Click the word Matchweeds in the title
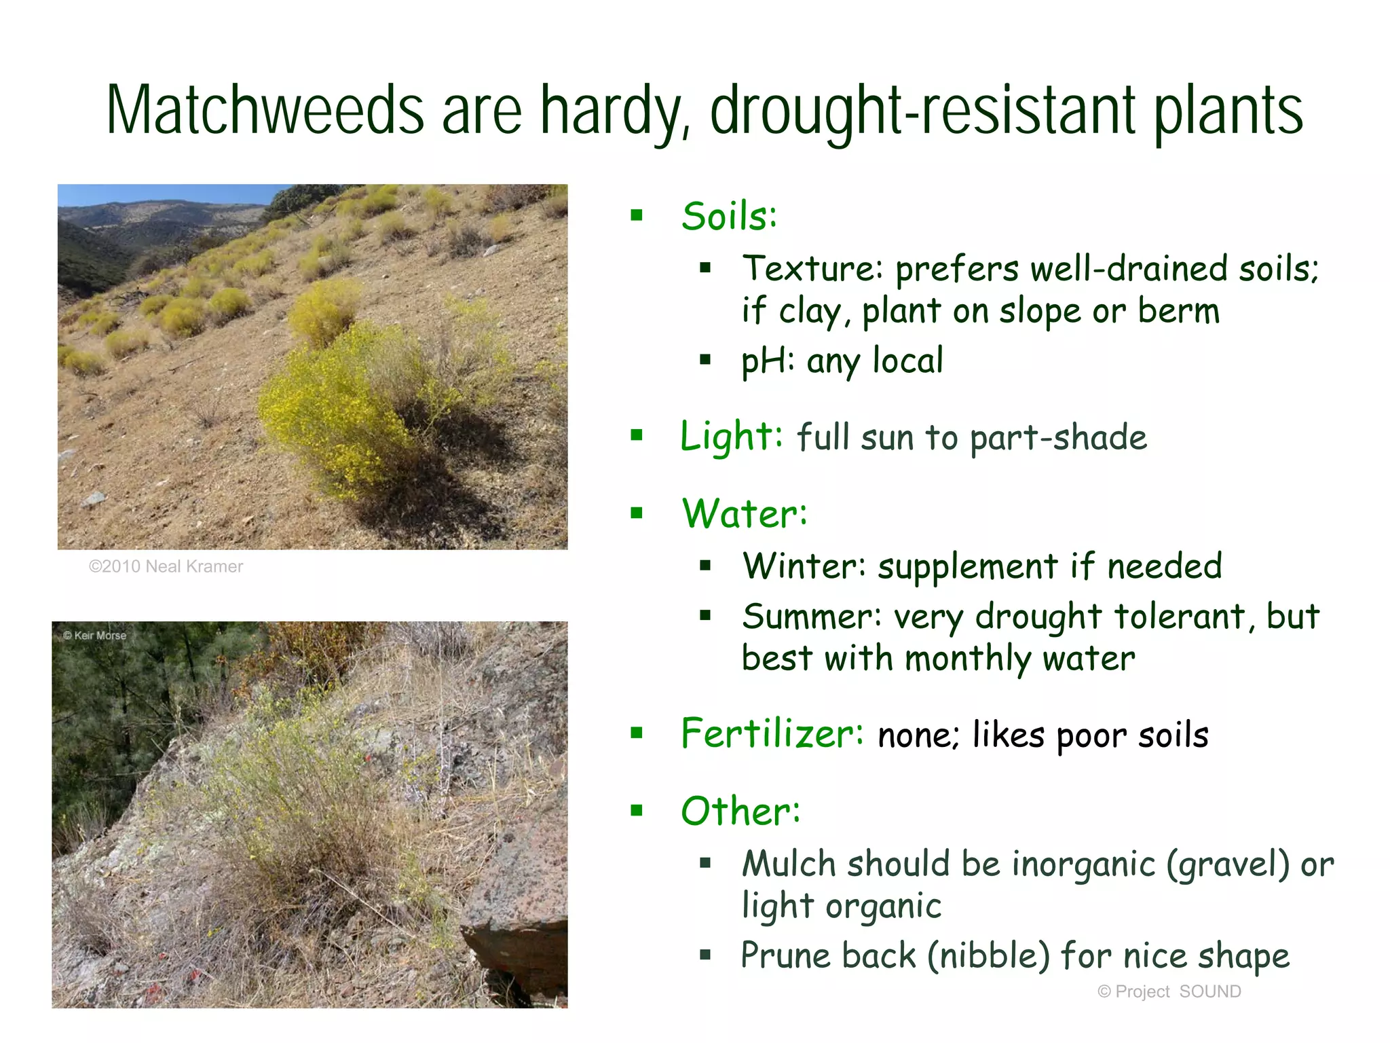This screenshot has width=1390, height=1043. (x=265, y=110)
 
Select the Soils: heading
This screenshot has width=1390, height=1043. (x=729, y=217)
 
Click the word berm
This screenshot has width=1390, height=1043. (x=1179, y=311)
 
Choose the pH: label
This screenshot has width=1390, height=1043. (x=768, y=361)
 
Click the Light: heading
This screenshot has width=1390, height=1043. (x=732, y=436)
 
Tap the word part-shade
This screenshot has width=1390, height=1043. (x=1058, y=438)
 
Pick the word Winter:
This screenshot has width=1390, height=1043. (x=804, y=566)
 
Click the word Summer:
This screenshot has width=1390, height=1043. (x=812, y=617)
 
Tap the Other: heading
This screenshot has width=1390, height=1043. (x=740, y=811)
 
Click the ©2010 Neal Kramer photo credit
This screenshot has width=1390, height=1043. (x=166, y=566)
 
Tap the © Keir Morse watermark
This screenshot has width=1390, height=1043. (x=95, y=636)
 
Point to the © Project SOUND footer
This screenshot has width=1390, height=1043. (x=1169, y=991)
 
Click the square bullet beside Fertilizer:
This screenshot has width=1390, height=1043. (x=637, y=733)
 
